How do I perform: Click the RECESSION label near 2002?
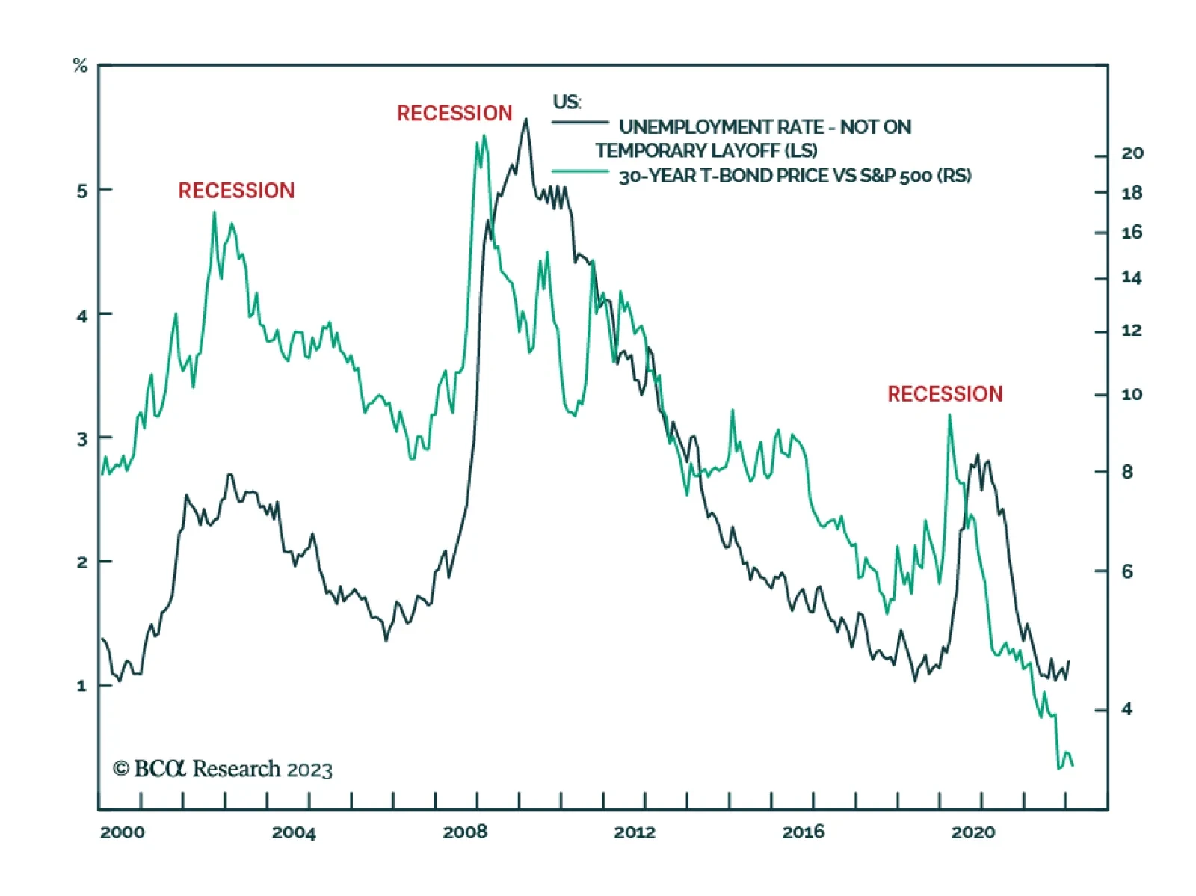pyautogui.click(x=236, y=191)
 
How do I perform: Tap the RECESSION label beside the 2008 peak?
pyautogui.click(x=454, y=114)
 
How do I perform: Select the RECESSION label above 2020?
pyautogui.click(x=945, y=394)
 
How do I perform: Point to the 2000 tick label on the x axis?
pyautogui.click(x=123, y=832)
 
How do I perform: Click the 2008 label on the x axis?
pyautogui.click(x=465, y=832)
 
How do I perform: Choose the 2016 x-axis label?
pyautogui.click(x=804, y=832)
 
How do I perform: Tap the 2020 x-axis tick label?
pyautogui.click(x=973, y=832)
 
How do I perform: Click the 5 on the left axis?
pyautogui.click(x=82, y=191)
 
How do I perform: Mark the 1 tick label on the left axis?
pyautogui.click(x=82, y=686)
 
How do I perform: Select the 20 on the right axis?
pyautogui.click(x=1132, y=153)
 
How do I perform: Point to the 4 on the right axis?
pyautogui.click(x=1127, y=709)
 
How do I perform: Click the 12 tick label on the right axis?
pyautogui.click(x=1132, y=331)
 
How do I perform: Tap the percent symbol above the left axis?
pyautogui.click(x=80, y=66)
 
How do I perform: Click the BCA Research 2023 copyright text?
pyautogui.click(x=223, y=769)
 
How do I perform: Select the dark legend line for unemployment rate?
pyautogui.click(x=581, y=123)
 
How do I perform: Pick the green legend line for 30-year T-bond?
pyautogui.click(x=581, y=172)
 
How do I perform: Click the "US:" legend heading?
pyautogui.click(x=567, y=102)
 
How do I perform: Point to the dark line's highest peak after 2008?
pyautogui.click(x=525, y=120)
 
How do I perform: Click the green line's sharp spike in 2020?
pyautogui.click(x=950, y=416)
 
